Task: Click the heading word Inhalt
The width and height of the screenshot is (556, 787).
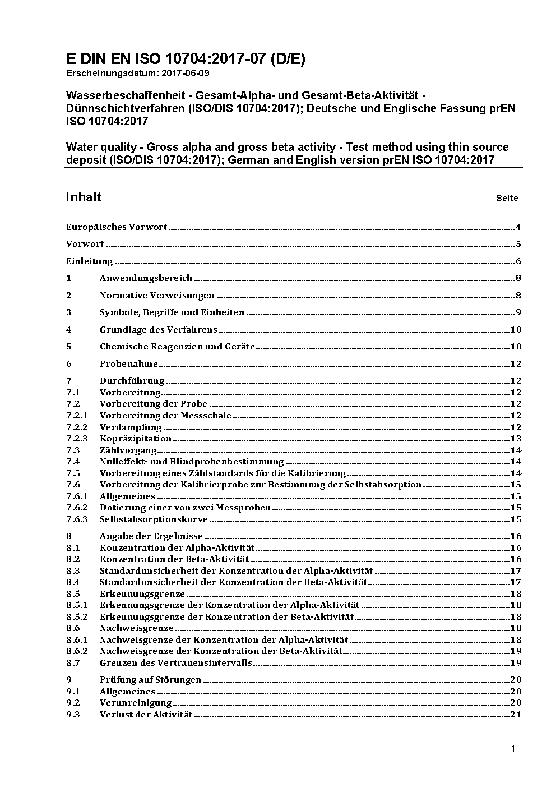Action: pos(84,197)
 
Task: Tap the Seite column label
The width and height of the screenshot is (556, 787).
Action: pos(507,198)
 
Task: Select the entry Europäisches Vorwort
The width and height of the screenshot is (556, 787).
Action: pos(117,227)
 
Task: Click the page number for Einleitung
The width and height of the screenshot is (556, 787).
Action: pos(518,261)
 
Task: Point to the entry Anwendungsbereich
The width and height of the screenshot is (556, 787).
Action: pos(146,278)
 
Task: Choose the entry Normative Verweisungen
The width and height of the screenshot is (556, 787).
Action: pos(157,296)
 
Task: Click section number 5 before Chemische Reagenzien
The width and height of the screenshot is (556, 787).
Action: pos(69,347)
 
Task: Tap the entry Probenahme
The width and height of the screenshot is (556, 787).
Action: pos(129,364)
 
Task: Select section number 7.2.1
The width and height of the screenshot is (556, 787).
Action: pos(77,416)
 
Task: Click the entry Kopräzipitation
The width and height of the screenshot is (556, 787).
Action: pos(136,439)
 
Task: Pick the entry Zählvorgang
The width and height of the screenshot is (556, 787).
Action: pos(128,450)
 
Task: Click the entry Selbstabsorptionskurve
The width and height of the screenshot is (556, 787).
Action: pos(154,519)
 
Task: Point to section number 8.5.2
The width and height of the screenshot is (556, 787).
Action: pos(77,617)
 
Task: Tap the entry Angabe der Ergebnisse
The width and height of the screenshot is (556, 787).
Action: pos(151,536)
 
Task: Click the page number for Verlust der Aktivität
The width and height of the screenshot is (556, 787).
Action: pos(516,715)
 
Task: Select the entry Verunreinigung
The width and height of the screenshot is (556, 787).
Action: pos(136,703)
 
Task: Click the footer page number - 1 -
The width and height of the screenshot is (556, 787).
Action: pos(513,748)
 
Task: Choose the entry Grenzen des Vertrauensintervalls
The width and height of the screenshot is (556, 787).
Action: pos(176,663)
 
